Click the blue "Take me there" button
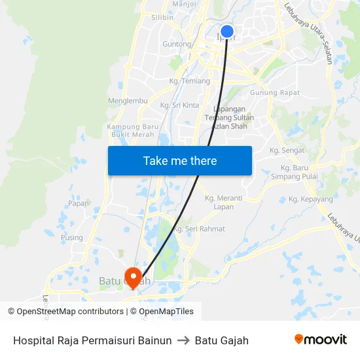coord(180,160)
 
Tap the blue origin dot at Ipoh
coord(227,31)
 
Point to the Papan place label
coord(79,203)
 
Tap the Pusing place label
coord(72,238)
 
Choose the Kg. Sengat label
coord(287,151)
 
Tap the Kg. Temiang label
coord(189,81)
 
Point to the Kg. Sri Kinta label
coord(179,105)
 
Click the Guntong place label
coord(177,45)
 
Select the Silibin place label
coord(162,18)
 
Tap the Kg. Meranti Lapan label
coord(223,202)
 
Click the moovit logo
coord(320,340)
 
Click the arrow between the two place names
coord(183,340)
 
